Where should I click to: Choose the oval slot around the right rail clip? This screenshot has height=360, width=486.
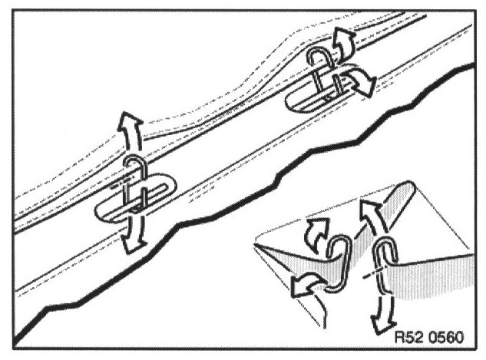click(322, 92)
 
